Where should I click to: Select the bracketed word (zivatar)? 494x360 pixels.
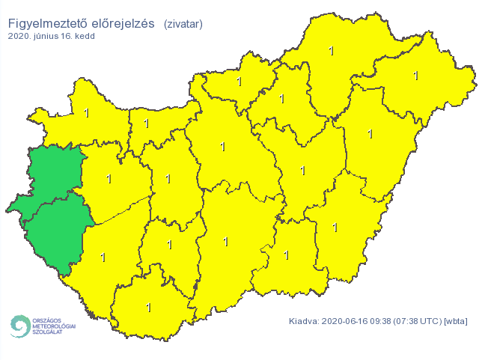(x=183, y=23)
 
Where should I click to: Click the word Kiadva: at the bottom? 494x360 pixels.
(x=304, y=321)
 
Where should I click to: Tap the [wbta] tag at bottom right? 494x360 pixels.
(x=455, y=321)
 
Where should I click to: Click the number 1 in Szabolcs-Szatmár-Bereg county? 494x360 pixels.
(x=416, y=76)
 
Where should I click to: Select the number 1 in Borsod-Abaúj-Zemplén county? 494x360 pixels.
(x=332, y=51)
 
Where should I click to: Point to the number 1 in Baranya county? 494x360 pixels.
(x=148, y=308)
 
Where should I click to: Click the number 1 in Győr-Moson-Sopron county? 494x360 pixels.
(x=87, y=114)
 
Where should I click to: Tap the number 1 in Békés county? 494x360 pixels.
(x=335, y=227)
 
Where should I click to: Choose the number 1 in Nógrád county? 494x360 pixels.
(x=239, y=82)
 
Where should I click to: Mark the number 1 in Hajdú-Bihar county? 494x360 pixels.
(x=370, y=134)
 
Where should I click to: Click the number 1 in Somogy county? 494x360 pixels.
(x=103, y=257)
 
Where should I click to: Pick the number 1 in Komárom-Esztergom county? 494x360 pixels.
(x=147, y=123)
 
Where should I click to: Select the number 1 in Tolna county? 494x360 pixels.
(x=169, y=245)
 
